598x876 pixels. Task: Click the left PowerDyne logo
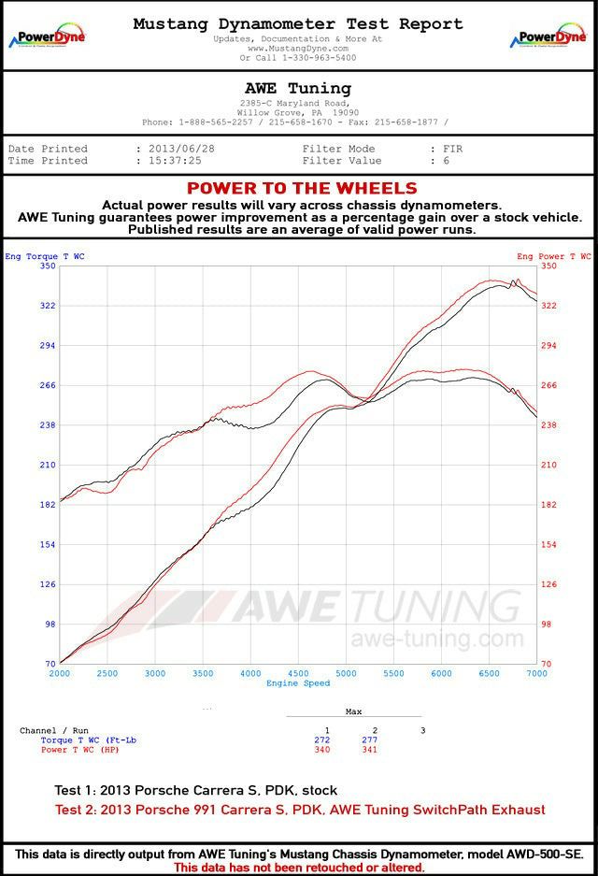coord(48,37)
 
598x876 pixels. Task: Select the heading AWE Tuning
coord(297,88)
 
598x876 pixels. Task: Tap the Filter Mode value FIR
coord(451,149)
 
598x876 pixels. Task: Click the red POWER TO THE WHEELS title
coord(302,189)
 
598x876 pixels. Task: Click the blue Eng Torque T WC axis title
coord(44,256)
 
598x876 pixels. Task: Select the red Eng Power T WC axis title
coord(553,256)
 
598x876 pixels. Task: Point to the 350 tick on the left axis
coord(48,266)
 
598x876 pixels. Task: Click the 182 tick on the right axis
coord(549,505)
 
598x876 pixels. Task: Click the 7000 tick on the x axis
coord(536,673)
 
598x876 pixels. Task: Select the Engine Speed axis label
coord(298,683)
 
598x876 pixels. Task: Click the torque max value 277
coord(374,740)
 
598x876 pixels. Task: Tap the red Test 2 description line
coord(300,810)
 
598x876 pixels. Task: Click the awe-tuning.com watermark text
coord(436,639)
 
